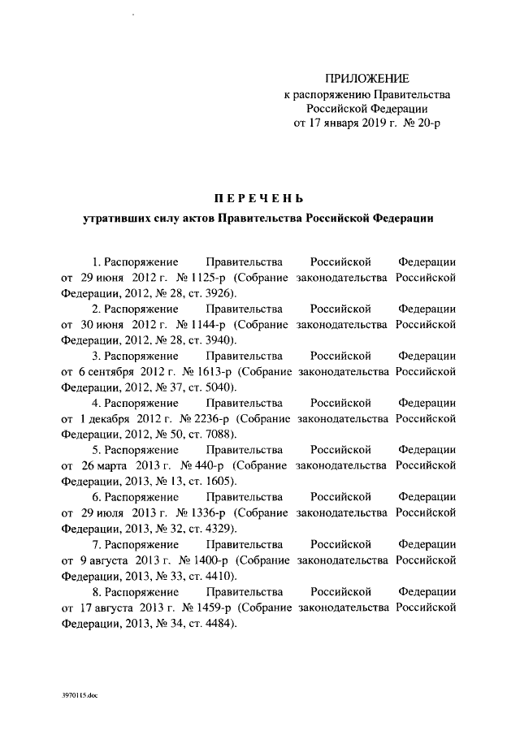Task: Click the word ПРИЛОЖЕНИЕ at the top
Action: [x=366, y=78]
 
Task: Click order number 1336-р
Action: [x=209, y=511]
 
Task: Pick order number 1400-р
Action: [x=213, y=557]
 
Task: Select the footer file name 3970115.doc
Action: [x=79, y=696]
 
